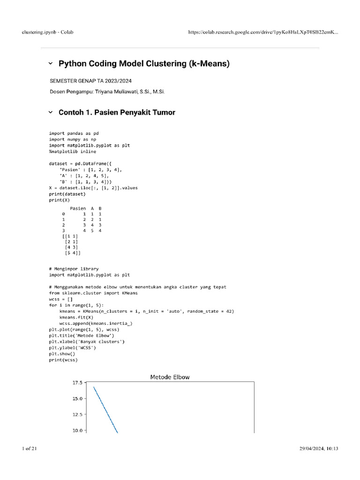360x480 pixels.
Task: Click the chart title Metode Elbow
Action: pyautogui.click(x=170, y=377)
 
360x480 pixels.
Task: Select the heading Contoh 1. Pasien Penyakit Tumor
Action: pyautogui.click(x=117, y=112)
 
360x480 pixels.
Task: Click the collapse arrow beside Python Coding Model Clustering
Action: pyautogui.click(x=51, y=63)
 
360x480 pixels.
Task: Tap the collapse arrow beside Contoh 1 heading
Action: pyautogui.click(x=51, y=112)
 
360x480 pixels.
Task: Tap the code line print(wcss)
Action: pyautogui.click(x=63, y=360)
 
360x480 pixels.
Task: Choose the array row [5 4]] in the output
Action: pyautogui.click(x=73, y=253)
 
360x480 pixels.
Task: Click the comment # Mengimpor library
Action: pyautogui.click(x=74, y=269)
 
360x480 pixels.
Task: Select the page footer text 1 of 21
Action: pyautogui.click(x=30, y=449)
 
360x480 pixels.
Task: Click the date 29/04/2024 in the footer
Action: pyautogui.click(x=312, y=449)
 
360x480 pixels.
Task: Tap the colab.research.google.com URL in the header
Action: pyautogui.click(x=262, y=32)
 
